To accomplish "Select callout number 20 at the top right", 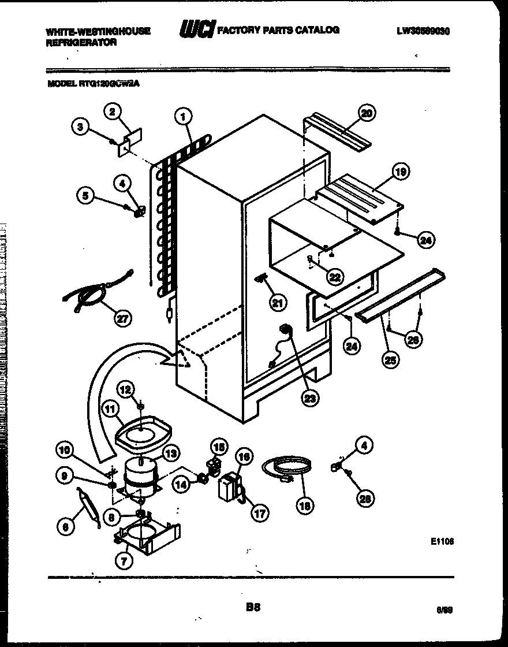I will coord(365,113).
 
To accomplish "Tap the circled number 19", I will coord(399,171).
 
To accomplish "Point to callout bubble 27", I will coord(122,318).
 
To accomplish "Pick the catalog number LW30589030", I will coord(423,32).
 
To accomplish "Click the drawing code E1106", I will coord(442,541).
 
